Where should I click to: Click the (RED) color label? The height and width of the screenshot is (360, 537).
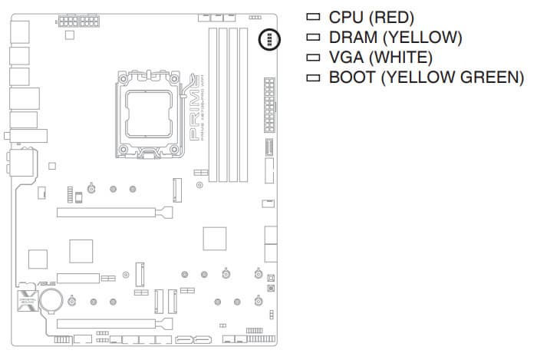pos(393,17)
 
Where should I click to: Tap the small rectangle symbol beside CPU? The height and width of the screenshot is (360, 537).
pos(311,17)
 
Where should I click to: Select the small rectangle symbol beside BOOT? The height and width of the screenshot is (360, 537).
pos(311,78)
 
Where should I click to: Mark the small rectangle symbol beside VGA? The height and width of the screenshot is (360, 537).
pos(311,58)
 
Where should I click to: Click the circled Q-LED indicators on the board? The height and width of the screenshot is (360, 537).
pos(271,39)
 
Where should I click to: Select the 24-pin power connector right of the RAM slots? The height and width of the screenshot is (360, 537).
pos(268,104)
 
